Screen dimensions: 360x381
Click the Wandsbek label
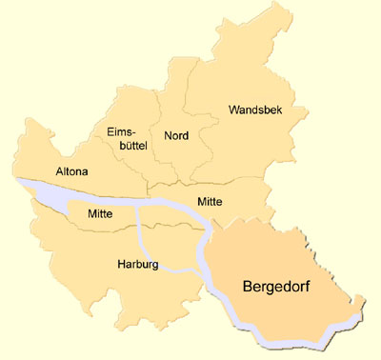(254, 110)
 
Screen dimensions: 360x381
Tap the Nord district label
(176, 135)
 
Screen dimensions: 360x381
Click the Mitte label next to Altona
(100, 214)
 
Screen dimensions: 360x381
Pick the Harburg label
(137, 263)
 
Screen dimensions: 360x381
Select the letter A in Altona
(60, 171)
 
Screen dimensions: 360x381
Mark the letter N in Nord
(168, 135)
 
